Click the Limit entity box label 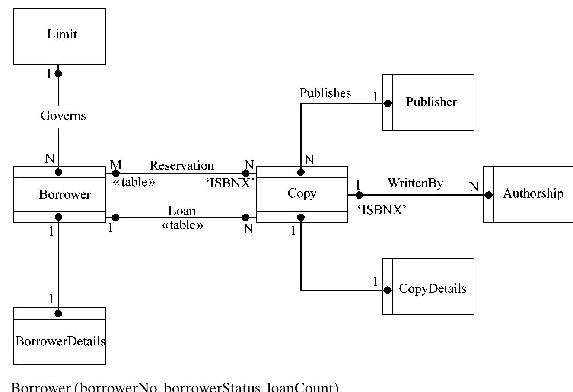(x=62, y=34)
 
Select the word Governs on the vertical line (x=63, y=116)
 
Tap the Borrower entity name (x=65, y=194)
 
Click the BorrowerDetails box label (x=60, y=341)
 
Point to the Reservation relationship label (x=181, y=165)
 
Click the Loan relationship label (x=182, y=211)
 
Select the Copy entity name (x=302, y=193)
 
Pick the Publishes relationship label (x=325, y=93)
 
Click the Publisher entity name (x=431, y=102)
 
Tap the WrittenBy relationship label (x=415, y=183)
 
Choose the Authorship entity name (x=533, y=193)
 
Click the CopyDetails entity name (x=433, y=288)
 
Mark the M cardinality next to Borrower (x=116, y=164)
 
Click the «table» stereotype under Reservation (x=134, y=182)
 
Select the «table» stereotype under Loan (x=182, y=225)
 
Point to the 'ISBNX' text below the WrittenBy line (x=382, y=210)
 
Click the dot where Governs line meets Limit (x=58, y=74)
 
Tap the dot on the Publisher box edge (x=388, y=104)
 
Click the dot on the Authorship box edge (x=488, y=195)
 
